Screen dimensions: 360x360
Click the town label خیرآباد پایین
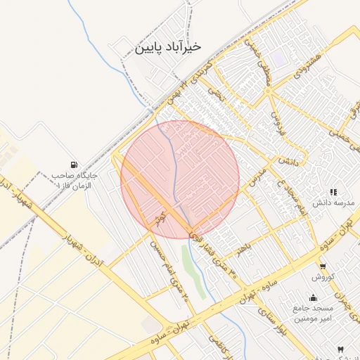168,47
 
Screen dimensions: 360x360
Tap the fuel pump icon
75,165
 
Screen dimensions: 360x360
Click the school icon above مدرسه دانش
333,191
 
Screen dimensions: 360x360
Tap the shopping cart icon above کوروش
323,266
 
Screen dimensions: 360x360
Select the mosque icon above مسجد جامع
313,297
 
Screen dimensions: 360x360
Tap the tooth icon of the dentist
341,349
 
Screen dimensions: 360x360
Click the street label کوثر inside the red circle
162,215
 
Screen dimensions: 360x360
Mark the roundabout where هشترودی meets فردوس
268,91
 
